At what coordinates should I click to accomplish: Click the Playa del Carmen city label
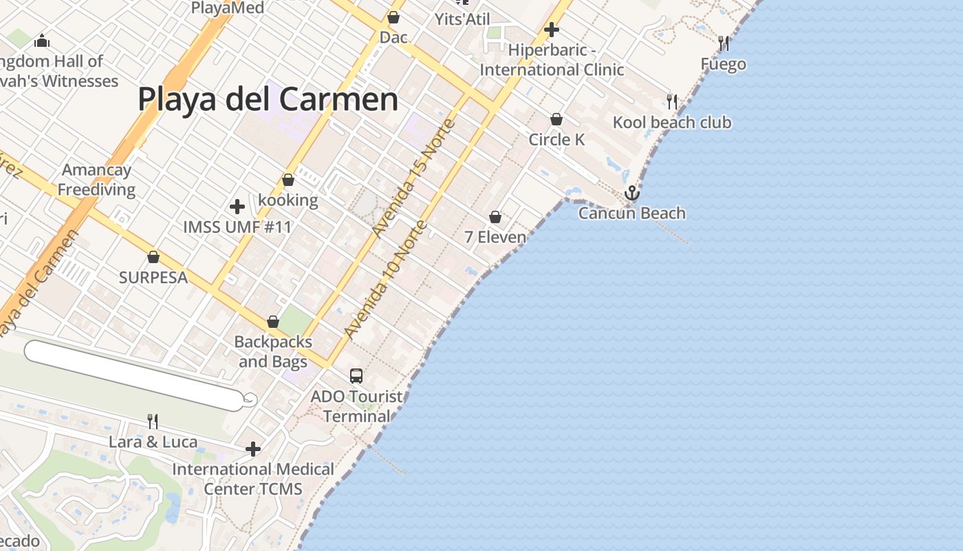point(268,99)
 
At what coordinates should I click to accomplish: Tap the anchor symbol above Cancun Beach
point(631,194)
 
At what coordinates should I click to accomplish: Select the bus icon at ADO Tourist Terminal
point(356,376)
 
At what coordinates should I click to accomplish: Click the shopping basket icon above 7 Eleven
point(495,218)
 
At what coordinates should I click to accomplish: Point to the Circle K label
point(556,140)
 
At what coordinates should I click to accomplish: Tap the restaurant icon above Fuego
point(724,44)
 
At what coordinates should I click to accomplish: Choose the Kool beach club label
point(672,123)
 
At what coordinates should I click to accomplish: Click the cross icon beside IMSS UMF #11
point(237,207)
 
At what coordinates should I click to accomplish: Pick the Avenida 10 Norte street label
point(386,280)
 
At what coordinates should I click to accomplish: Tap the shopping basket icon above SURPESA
point(153,258)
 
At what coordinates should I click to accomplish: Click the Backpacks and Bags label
point(273,351)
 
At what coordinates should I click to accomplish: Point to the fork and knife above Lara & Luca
point(153,421)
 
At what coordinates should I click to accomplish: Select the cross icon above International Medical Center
point(253,450)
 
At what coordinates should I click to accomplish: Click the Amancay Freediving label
point(96,180)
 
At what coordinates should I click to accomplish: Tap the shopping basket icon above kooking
point(288,180)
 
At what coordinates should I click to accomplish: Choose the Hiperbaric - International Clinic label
point(552,60)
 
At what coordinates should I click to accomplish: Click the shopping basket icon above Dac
point(393,17)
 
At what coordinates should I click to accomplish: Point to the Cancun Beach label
point(631,214)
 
